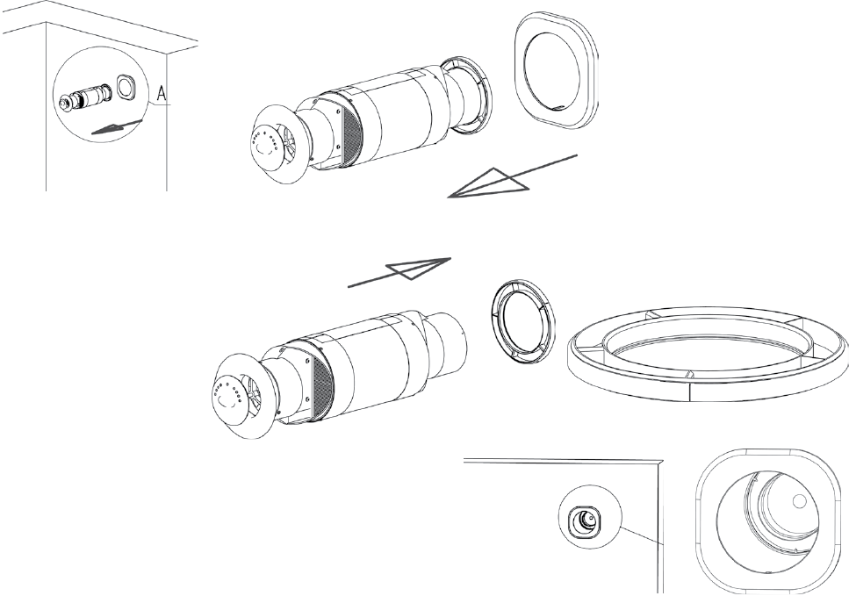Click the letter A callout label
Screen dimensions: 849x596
tap(161, 94)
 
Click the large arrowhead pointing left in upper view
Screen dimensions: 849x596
tap(488, 184)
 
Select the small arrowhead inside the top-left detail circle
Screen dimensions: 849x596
tap(108, 128)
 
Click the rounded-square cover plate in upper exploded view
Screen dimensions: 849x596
tap(556, 70)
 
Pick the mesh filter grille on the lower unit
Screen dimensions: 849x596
tap(323, 385)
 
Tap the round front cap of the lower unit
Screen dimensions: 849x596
tap(237, 399)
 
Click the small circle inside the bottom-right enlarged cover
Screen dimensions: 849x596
tap(799, 502)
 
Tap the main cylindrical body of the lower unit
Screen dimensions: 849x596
tap(368, 368)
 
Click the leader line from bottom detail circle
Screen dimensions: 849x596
tap(643, 535)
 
